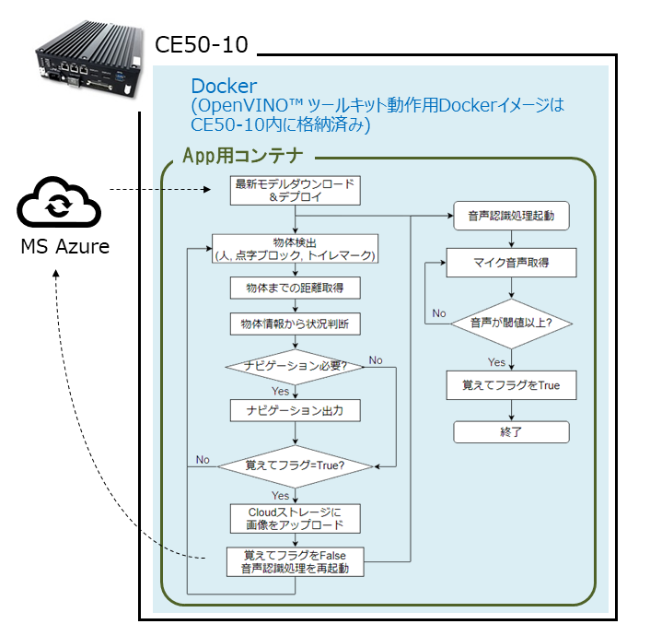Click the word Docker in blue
224,87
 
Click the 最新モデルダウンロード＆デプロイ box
294,190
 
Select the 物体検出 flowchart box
294,249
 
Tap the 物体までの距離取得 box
294,288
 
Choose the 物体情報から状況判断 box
294,324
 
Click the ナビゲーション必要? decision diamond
294,366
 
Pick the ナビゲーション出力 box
294,410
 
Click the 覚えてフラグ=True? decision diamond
294,465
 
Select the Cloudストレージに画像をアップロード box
294,518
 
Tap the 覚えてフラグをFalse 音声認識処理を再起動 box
294,561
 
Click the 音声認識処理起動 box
511,216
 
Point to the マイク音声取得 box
511,263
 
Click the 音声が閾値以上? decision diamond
511,324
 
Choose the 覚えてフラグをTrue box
511,385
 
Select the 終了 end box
511,431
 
